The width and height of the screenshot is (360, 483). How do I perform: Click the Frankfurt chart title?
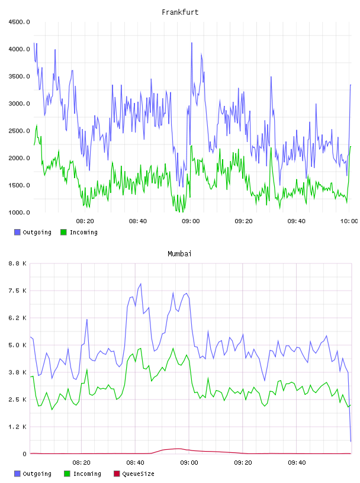[180, 12]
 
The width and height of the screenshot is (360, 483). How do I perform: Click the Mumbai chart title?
[179, 254]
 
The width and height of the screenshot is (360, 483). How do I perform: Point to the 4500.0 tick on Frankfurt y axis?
[19, 22]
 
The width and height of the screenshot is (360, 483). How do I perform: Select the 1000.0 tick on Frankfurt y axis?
[19, 212]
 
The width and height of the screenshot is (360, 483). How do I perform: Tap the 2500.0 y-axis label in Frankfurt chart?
[19, 131]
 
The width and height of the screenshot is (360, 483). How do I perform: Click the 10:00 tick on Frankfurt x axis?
[349, 221]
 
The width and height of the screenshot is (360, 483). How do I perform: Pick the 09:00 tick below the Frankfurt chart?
[191, 221]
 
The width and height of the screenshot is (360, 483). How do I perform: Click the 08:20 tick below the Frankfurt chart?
[85, 221]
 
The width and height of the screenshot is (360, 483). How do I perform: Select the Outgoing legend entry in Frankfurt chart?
[33, 232]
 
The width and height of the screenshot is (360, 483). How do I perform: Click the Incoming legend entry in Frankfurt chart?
[79, 232]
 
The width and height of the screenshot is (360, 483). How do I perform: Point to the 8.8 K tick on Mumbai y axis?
[18, 263]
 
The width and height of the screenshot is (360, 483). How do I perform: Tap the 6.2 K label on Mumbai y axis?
[18, 318]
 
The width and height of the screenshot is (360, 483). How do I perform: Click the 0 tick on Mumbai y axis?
[25, 454]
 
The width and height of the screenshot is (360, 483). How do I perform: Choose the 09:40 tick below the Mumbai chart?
[297, 463]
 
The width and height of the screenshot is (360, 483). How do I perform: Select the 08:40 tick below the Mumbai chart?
[136, 463]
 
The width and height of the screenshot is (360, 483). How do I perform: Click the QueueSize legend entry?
[134, 474]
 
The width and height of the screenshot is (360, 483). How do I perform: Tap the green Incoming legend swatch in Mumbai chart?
[67, 474]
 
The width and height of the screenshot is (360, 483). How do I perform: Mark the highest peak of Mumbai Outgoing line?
[141, 284]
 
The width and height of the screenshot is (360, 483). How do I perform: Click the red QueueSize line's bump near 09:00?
[178, 449]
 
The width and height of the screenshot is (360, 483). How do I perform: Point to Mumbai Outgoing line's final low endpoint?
[351, 442]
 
